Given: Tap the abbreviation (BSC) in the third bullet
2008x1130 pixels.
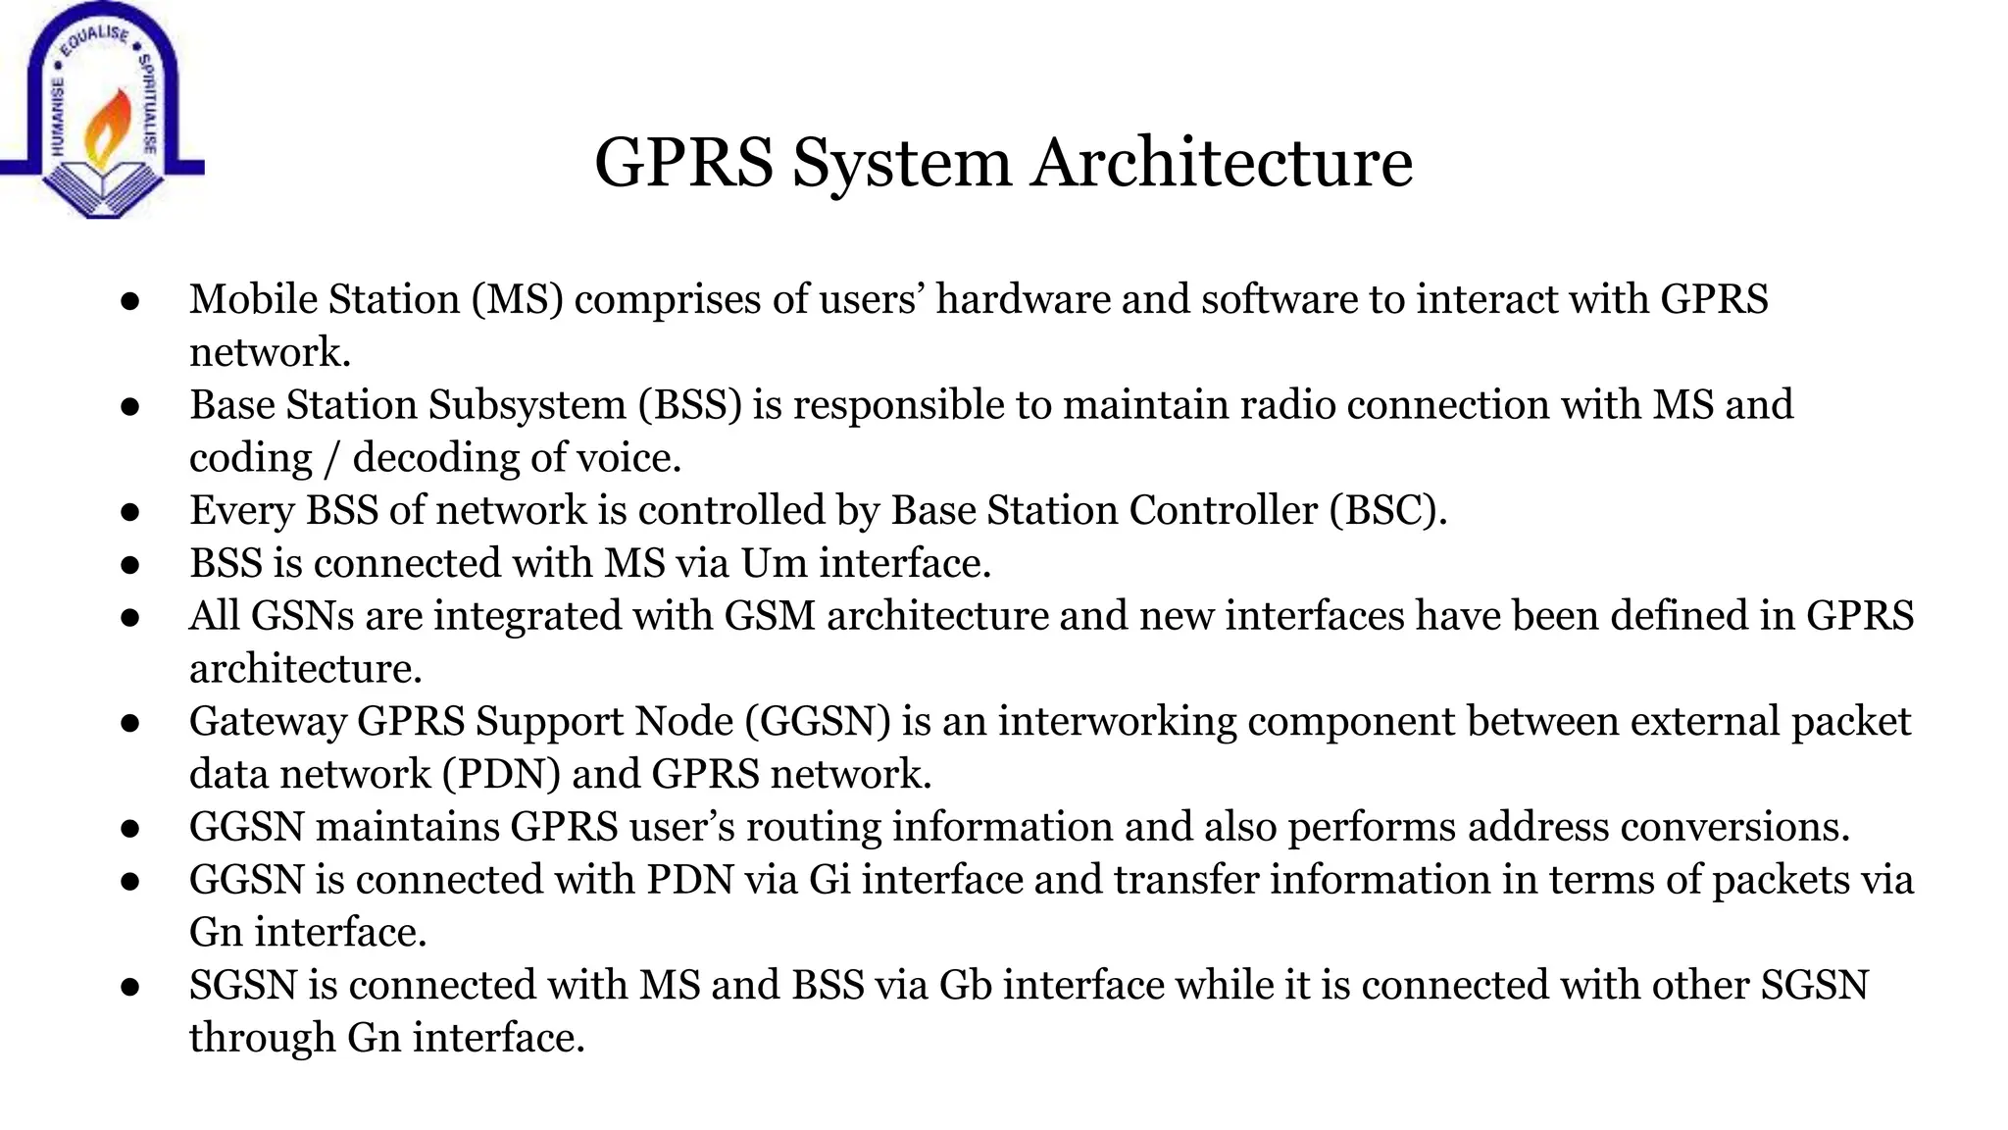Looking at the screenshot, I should [1388, 510].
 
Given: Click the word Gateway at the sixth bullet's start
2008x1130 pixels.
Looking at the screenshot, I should [268, 722].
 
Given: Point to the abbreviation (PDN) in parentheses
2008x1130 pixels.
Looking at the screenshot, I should [501, 775].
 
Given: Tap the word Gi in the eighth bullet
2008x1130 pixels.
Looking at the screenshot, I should [829, 880].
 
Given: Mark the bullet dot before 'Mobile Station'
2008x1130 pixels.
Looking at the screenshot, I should [130, 301].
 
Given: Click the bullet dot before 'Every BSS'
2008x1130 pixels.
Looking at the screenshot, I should [130, 512].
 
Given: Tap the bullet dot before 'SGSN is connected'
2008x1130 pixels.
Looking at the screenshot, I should [130, 987].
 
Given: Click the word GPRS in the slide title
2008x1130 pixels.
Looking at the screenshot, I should [683, 162].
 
